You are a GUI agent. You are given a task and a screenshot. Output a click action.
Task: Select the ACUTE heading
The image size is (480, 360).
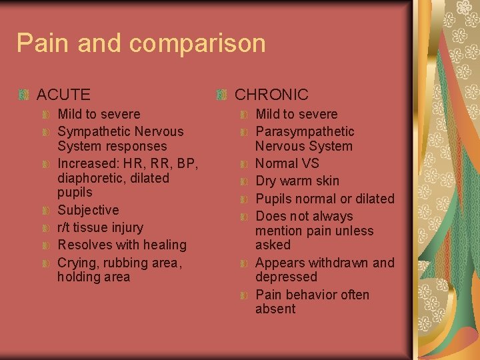coord(63,95)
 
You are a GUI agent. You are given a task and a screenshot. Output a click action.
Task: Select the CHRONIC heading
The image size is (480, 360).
coord(271,95)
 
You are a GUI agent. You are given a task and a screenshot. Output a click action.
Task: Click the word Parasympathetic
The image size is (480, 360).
coord(305,131)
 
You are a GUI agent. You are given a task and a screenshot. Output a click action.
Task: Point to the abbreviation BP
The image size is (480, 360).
coord(188,163)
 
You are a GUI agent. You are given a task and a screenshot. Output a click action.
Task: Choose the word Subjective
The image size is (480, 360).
coord(88,210)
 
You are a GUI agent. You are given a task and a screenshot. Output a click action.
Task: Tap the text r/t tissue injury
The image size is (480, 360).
coord(100,227)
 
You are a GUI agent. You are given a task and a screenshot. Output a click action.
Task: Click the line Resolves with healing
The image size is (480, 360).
coord(122,245)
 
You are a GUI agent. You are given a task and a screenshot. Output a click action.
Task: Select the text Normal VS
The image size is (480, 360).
coord(287,163)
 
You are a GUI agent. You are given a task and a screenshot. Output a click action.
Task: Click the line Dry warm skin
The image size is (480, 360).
coord(297,181)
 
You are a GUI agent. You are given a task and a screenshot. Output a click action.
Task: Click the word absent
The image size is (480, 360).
coord(275,309)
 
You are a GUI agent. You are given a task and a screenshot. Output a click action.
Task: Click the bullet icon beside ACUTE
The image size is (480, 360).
coord(25,95)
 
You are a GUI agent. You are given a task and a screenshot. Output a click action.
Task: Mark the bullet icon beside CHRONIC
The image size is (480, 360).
coord(223,95)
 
